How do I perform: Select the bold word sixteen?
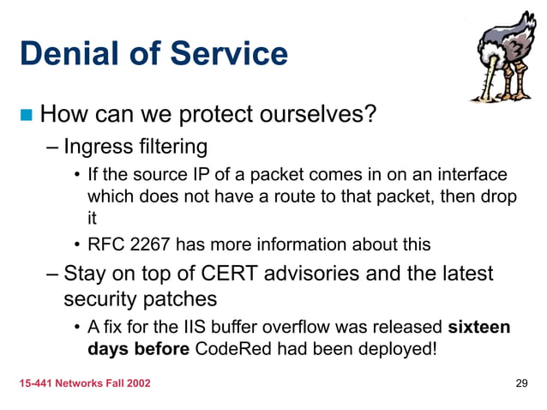(480, 327)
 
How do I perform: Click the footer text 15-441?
(37, 383)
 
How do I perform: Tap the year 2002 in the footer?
(135, 383)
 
